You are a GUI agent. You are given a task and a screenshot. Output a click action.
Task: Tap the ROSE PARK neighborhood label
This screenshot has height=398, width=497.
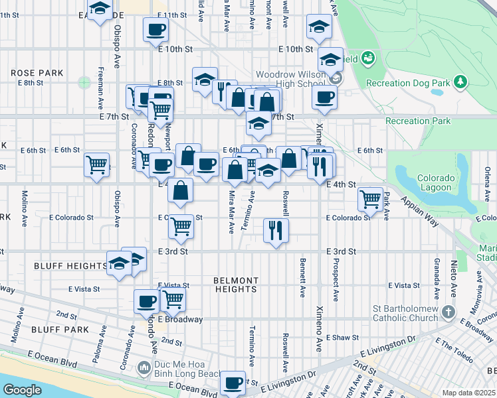click(37, 73)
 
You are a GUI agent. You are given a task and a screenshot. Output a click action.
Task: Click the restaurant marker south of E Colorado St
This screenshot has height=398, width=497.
click(276, 230)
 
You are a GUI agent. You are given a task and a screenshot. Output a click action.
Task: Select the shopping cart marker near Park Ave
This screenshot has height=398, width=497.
click(370, 198)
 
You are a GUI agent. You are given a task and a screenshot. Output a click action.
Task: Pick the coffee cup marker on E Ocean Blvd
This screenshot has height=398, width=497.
click(233, 382)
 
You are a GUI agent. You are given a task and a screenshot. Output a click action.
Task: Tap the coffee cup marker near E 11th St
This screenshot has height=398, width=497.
click(155, 29)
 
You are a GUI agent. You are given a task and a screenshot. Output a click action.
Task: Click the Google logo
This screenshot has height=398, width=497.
click(23, 390)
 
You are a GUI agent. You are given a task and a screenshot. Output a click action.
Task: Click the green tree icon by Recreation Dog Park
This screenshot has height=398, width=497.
click(460, 82)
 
